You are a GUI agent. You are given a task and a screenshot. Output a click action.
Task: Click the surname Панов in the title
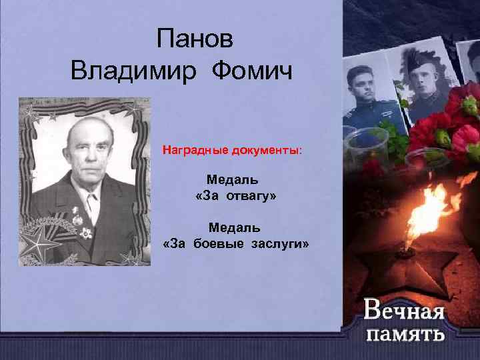tap(195, 39)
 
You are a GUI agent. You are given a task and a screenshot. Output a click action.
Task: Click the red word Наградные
tap(197, 151)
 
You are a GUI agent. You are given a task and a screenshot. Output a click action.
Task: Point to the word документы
tap(267, 151)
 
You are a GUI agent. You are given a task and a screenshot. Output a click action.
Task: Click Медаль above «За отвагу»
tap(232, 179)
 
